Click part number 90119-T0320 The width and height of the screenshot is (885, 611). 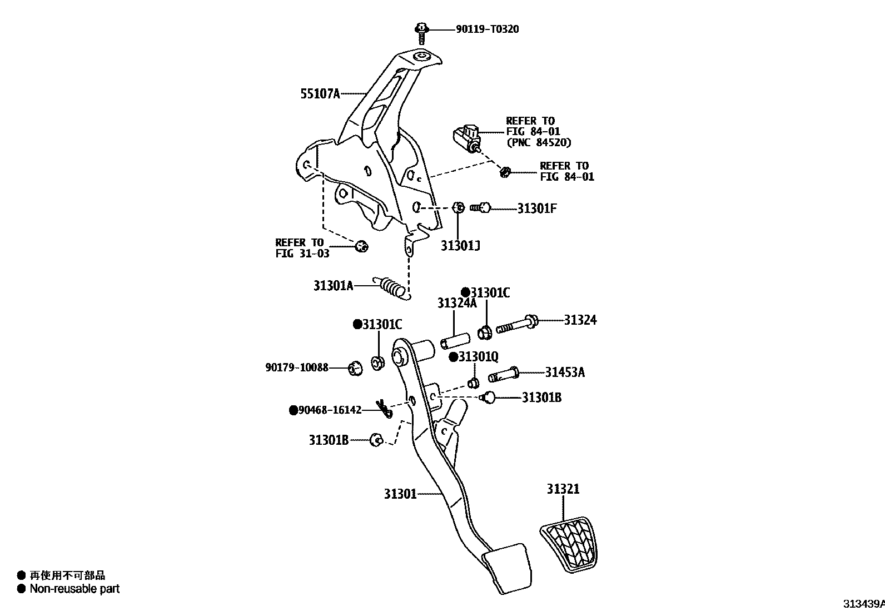[x=487, y=29]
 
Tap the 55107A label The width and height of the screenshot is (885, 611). [x=320, y=94]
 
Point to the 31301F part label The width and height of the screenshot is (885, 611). [x=537, y=208]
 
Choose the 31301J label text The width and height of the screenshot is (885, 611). [x=460, y=245]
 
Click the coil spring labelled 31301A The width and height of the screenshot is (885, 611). [x=392, y=288]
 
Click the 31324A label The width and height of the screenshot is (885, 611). [x=456, y=303]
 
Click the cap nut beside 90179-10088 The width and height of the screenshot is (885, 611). [x=355, y=368]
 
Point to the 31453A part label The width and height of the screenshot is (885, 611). [x=564, y=372]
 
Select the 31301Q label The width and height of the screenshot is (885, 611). [x=478, y=356]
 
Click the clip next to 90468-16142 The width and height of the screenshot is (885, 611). [x=384, y=409]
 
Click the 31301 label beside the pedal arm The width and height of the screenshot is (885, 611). [x=400, y=494]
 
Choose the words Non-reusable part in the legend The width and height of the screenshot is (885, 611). [x=74, y=588]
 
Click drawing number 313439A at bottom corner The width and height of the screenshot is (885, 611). [x=863, y=603]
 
